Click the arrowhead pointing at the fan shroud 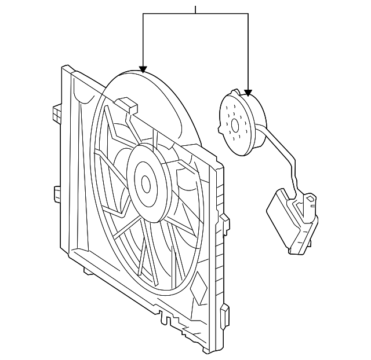tap(143, 69)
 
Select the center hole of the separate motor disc tap(235, 124)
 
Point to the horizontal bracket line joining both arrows tap(195, 14)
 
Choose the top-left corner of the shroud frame tap(64, 68)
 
